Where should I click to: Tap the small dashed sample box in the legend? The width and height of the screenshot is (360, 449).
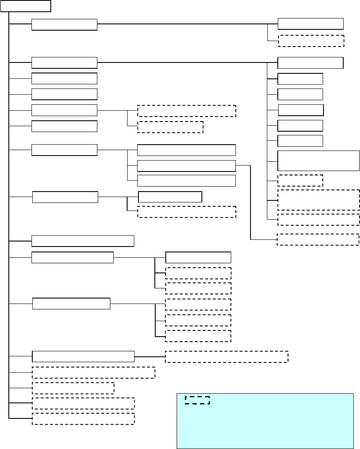coord(197,400)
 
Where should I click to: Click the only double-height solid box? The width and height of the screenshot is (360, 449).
coord(318,161)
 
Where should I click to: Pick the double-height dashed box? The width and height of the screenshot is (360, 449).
coord(318,200)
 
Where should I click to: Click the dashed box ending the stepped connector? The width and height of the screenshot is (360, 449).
coord(318,239)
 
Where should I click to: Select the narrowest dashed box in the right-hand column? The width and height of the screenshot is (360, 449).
coord(300,180)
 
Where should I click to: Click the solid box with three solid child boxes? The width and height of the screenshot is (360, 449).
coord(64,150)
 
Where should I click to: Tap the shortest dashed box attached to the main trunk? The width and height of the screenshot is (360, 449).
coord(73,388)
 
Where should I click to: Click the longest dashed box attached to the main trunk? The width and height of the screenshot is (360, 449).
coord(94,372)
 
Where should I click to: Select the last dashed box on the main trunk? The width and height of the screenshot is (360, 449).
coord(83,419)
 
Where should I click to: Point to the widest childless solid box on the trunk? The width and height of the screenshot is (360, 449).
coord(83,241)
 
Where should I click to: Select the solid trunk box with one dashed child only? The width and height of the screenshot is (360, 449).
coord(83,356)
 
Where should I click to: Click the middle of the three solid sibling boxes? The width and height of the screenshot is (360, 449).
coord(187,166)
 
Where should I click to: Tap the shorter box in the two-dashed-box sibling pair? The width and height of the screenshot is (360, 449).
coord(170,127)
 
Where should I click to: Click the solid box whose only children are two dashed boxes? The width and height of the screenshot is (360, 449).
coord(64,110)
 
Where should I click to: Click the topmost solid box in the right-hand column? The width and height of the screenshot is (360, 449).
coord(310,24)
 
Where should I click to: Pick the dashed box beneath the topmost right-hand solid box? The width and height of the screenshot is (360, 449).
coord(311,41)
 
